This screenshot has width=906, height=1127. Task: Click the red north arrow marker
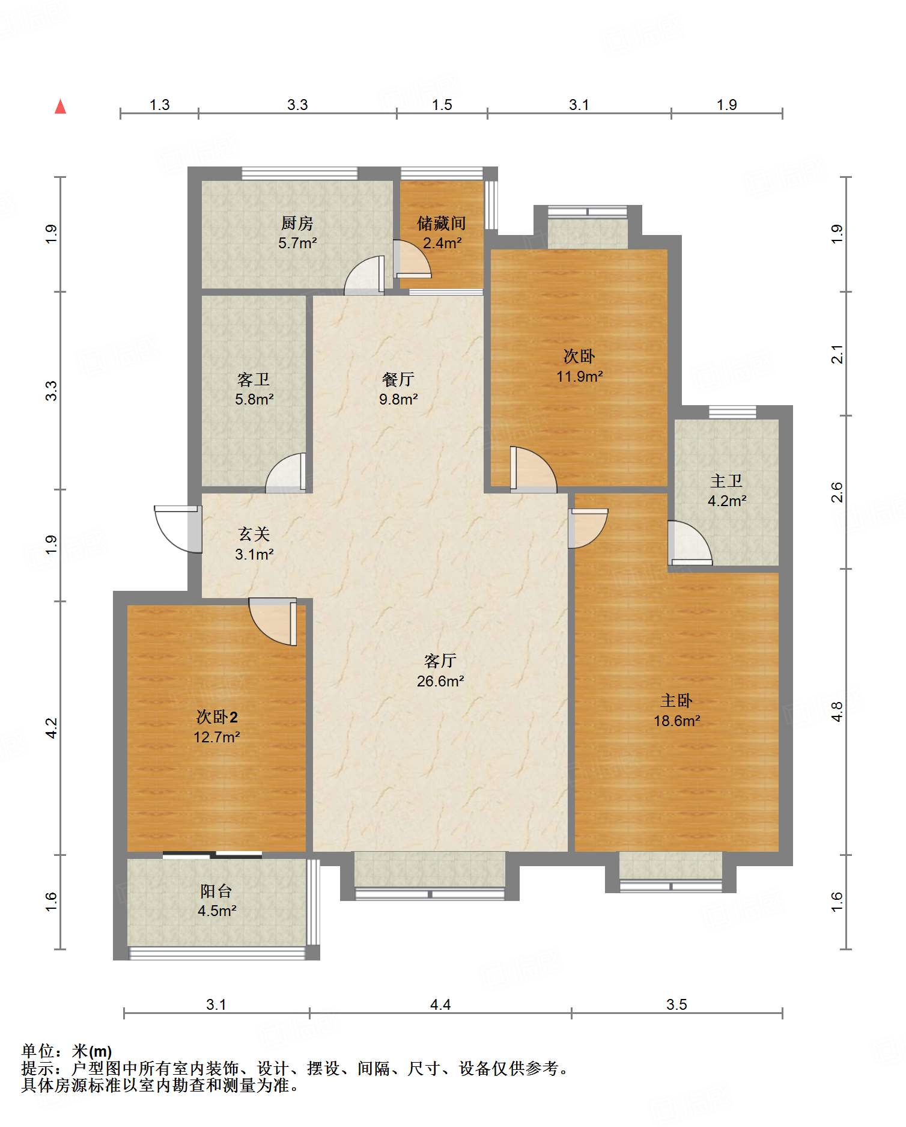(x=60, y=106)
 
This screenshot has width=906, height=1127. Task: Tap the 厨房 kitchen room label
(x=297, y=224)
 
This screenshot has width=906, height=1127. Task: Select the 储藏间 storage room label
(x=442, y=224)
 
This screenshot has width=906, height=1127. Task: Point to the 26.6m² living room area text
(x=440, y=681)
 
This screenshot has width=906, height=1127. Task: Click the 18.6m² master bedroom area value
(x=677, y=721)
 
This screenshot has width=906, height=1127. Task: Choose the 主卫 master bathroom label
(x=726, y=481)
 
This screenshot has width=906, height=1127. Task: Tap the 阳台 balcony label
(x=216, y=891)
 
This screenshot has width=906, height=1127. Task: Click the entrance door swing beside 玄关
(x=177, y=529)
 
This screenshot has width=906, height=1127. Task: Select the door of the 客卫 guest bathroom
(x=286, y=473)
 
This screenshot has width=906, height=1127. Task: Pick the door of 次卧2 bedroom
(x=273, y=622)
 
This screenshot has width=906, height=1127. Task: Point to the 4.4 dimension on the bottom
(x=440, y=1004)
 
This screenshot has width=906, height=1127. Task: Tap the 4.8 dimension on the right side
(x=837, y=712)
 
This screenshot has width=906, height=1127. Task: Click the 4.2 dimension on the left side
(x=52, y=728)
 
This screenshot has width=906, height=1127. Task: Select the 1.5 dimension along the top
(x=442, y=105)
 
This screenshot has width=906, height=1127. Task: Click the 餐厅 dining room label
(x=398, y=379)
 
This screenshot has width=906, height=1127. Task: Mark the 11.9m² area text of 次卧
(x=579, y=377)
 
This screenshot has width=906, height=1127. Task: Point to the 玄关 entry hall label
(x=254, y=534)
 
